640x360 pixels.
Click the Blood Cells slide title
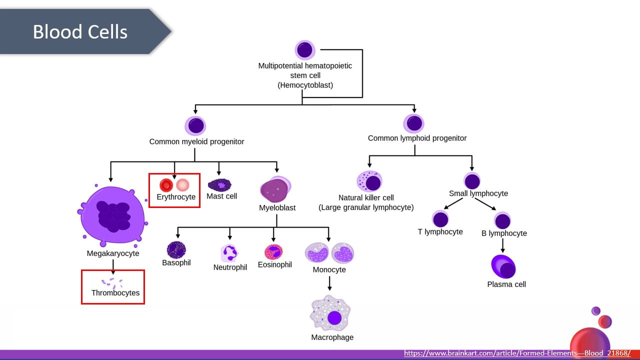(x=80, y=32)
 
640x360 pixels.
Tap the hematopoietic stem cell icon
(x=304, y=50)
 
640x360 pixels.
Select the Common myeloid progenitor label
(x=196, y=141)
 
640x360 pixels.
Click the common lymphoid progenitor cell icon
(x=413, y=123)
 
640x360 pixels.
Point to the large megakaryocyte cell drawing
(x=113, y=216)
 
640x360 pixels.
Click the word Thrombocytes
(x=115, y=293)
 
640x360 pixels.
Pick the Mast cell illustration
(x=219, y=185)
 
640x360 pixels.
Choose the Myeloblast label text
(x=277, y=207)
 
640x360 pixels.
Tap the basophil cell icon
(x=176, y=249)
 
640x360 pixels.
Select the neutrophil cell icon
(x=229, y=253)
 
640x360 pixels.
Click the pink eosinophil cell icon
(x=273, y=251)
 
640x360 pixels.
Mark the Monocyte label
(x=329, y=270)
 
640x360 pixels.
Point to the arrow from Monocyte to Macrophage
(x=329, y=283)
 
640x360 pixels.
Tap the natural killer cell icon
(x=369, y=181)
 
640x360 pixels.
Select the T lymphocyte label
(x=440, y=232)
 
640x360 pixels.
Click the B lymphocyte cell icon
(x=502, y=220)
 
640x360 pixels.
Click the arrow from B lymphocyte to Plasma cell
(x=503, y=245)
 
